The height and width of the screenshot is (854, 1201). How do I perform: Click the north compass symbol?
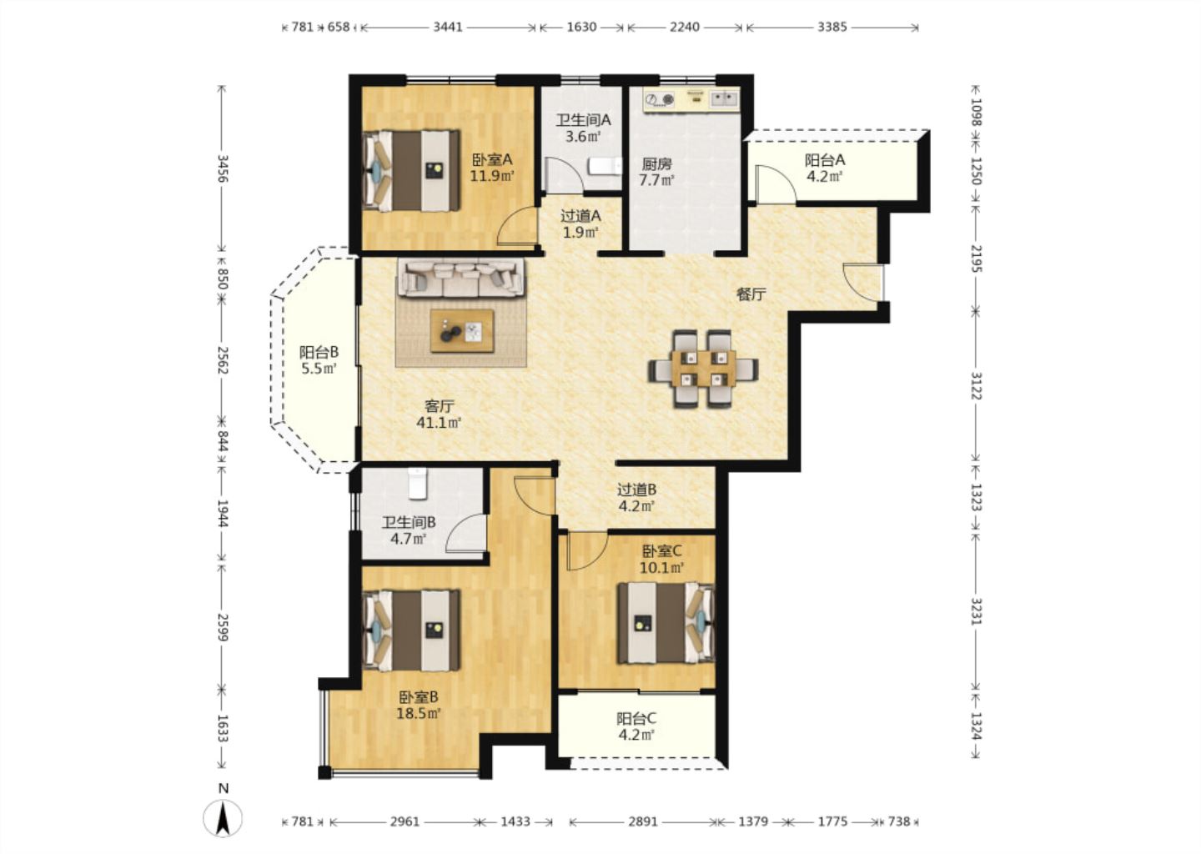click(x=223, y=818)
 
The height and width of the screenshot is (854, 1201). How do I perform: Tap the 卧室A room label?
click(x=492, y=159)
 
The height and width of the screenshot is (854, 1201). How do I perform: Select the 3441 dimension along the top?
click(x=448, y=27)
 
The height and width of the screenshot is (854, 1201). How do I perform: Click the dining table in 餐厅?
click(x=703, y=369)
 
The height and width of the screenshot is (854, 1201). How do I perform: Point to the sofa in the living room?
click(x=460, y=278)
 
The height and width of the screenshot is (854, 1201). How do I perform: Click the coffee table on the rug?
click(x=462, y=331)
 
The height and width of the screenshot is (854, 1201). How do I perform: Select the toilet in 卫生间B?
click(x=417, y=483)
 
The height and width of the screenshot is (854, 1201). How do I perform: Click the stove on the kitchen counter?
click(x=660, y=100)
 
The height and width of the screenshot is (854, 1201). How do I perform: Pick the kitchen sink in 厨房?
click(x=724, y=98)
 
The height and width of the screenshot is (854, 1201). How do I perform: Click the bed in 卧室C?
click(x=666, y=623)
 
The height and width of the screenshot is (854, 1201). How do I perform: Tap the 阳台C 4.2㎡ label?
click(x=636, y=726)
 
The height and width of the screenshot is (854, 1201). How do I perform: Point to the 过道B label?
click(x=636, y=490)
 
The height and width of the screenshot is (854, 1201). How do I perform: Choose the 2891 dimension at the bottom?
click(x=643, y=821)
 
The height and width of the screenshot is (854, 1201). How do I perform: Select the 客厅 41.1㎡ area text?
click(x=439, y=414)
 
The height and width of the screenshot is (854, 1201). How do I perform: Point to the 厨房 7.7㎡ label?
click(x=657, y=172)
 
